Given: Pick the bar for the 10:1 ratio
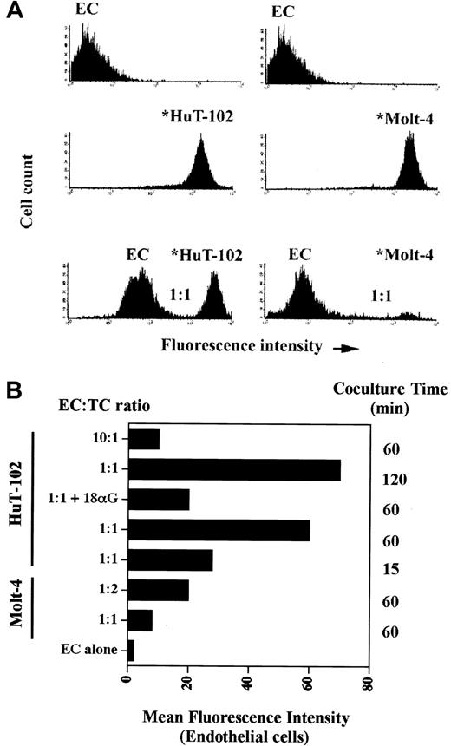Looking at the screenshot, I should coord(144,439).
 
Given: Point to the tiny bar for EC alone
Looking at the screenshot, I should coord(131,651).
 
